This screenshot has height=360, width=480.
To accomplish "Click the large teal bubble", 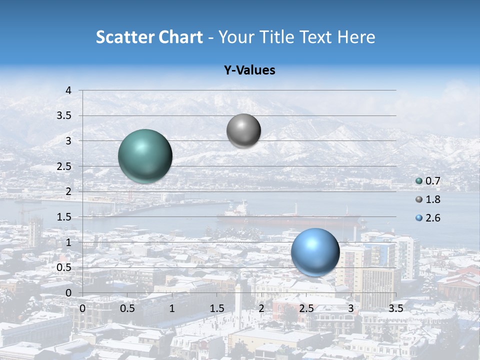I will coord(145,156).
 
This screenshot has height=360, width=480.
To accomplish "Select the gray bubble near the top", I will coord(243,131).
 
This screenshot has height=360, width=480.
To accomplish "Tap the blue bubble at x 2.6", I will coord(315,252).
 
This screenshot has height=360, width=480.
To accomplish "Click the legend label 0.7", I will coord(432,181).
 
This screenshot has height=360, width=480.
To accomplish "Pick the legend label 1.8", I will coord(432,199).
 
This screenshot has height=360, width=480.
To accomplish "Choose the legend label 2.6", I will coord(432,218).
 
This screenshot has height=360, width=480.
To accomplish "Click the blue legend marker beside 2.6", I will coord(419,218).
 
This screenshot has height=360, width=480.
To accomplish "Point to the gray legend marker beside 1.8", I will coord(419,199).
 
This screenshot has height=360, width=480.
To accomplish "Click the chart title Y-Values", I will coord(249,70).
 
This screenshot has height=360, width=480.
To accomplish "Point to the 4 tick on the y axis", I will coord(68,90).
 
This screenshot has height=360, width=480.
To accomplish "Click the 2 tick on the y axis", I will coord(68,191).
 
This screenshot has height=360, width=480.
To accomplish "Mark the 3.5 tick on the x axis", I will coord(395,308).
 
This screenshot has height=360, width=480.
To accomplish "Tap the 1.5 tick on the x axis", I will coord(216,308).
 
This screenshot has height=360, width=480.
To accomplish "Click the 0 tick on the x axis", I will coord(82,308).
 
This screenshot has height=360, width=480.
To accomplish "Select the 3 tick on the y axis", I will coord(68,141).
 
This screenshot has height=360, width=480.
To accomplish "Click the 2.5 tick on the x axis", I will coord(306,308).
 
